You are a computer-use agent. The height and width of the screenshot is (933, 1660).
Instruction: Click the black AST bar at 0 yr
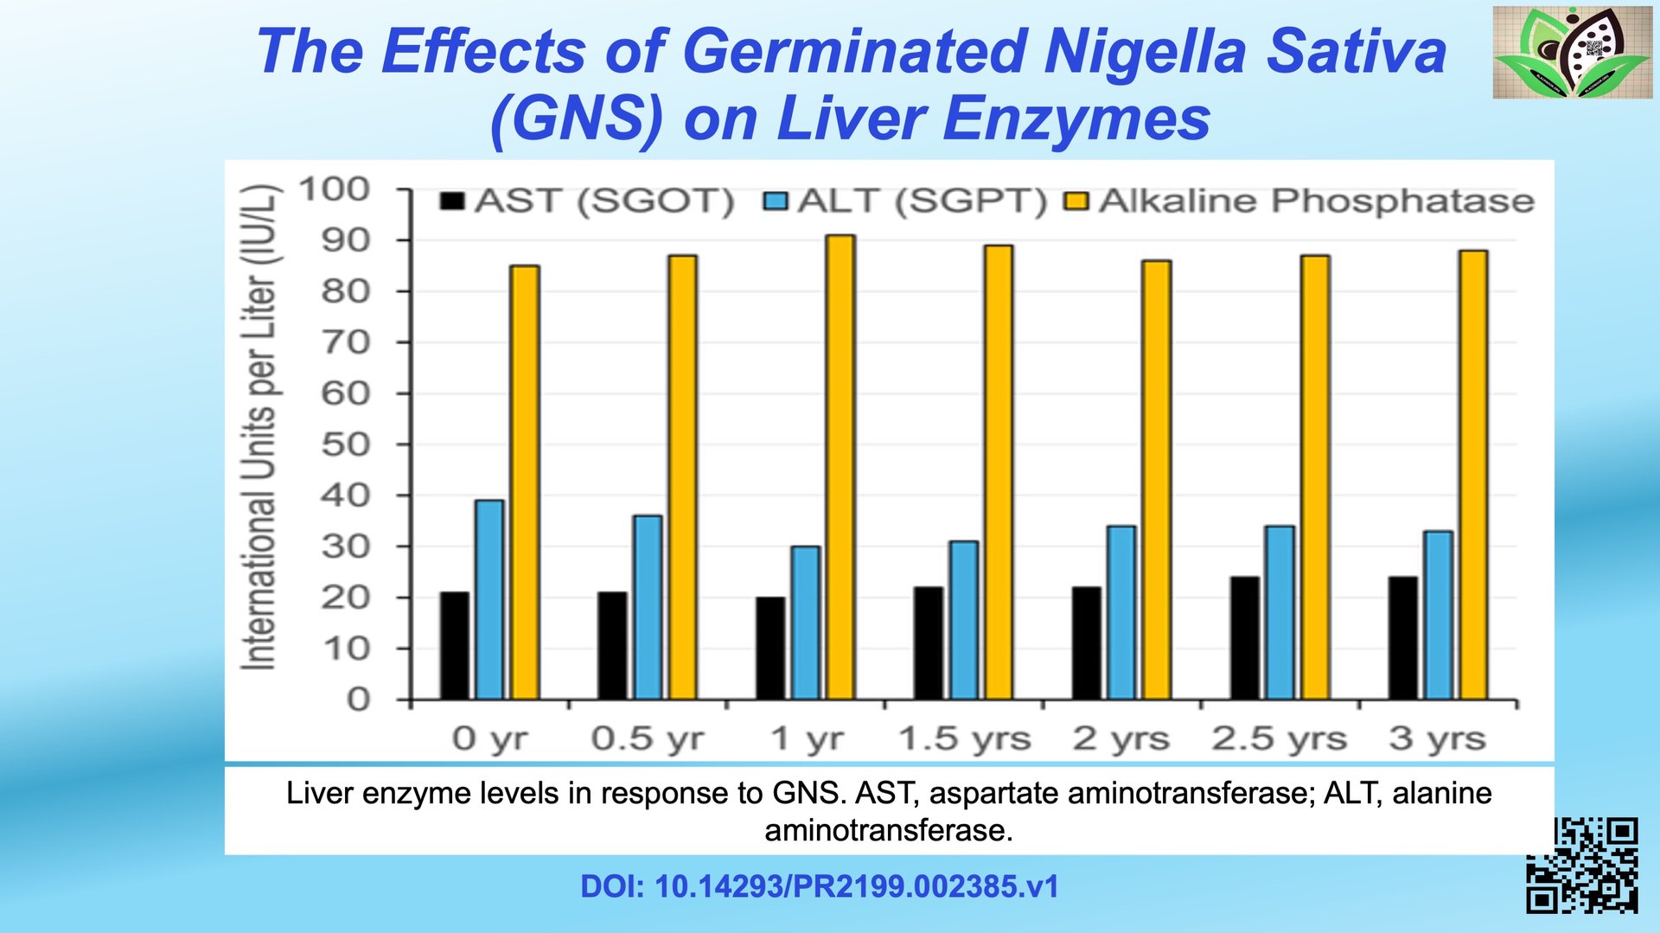point(454,646)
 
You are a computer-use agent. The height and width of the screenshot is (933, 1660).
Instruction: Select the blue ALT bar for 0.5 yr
point(648,607)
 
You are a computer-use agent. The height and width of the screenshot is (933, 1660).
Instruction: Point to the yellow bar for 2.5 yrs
point(1315,477)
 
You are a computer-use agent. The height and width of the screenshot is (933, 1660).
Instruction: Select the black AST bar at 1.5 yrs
point(929,643)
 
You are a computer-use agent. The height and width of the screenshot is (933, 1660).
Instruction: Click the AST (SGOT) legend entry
point(588,201)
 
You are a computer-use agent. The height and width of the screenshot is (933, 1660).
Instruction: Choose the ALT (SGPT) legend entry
point(905,201)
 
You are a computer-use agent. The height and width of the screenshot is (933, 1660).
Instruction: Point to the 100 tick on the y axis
point(334,189)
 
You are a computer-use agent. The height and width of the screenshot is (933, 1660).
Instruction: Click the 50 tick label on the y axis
point(345,444)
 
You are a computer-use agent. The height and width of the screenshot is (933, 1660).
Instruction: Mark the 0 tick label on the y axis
point(358,699)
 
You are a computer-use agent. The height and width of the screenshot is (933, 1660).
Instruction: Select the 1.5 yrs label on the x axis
point(964,739)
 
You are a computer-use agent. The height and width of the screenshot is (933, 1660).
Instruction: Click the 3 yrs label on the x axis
point(1437,739)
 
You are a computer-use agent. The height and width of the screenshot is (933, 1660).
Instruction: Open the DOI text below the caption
point(819,887)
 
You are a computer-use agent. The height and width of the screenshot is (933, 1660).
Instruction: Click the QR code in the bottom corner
point(1581,866)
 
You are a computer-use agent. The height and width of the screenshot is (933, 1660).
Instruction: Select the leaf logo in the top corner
point(1572,52)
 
